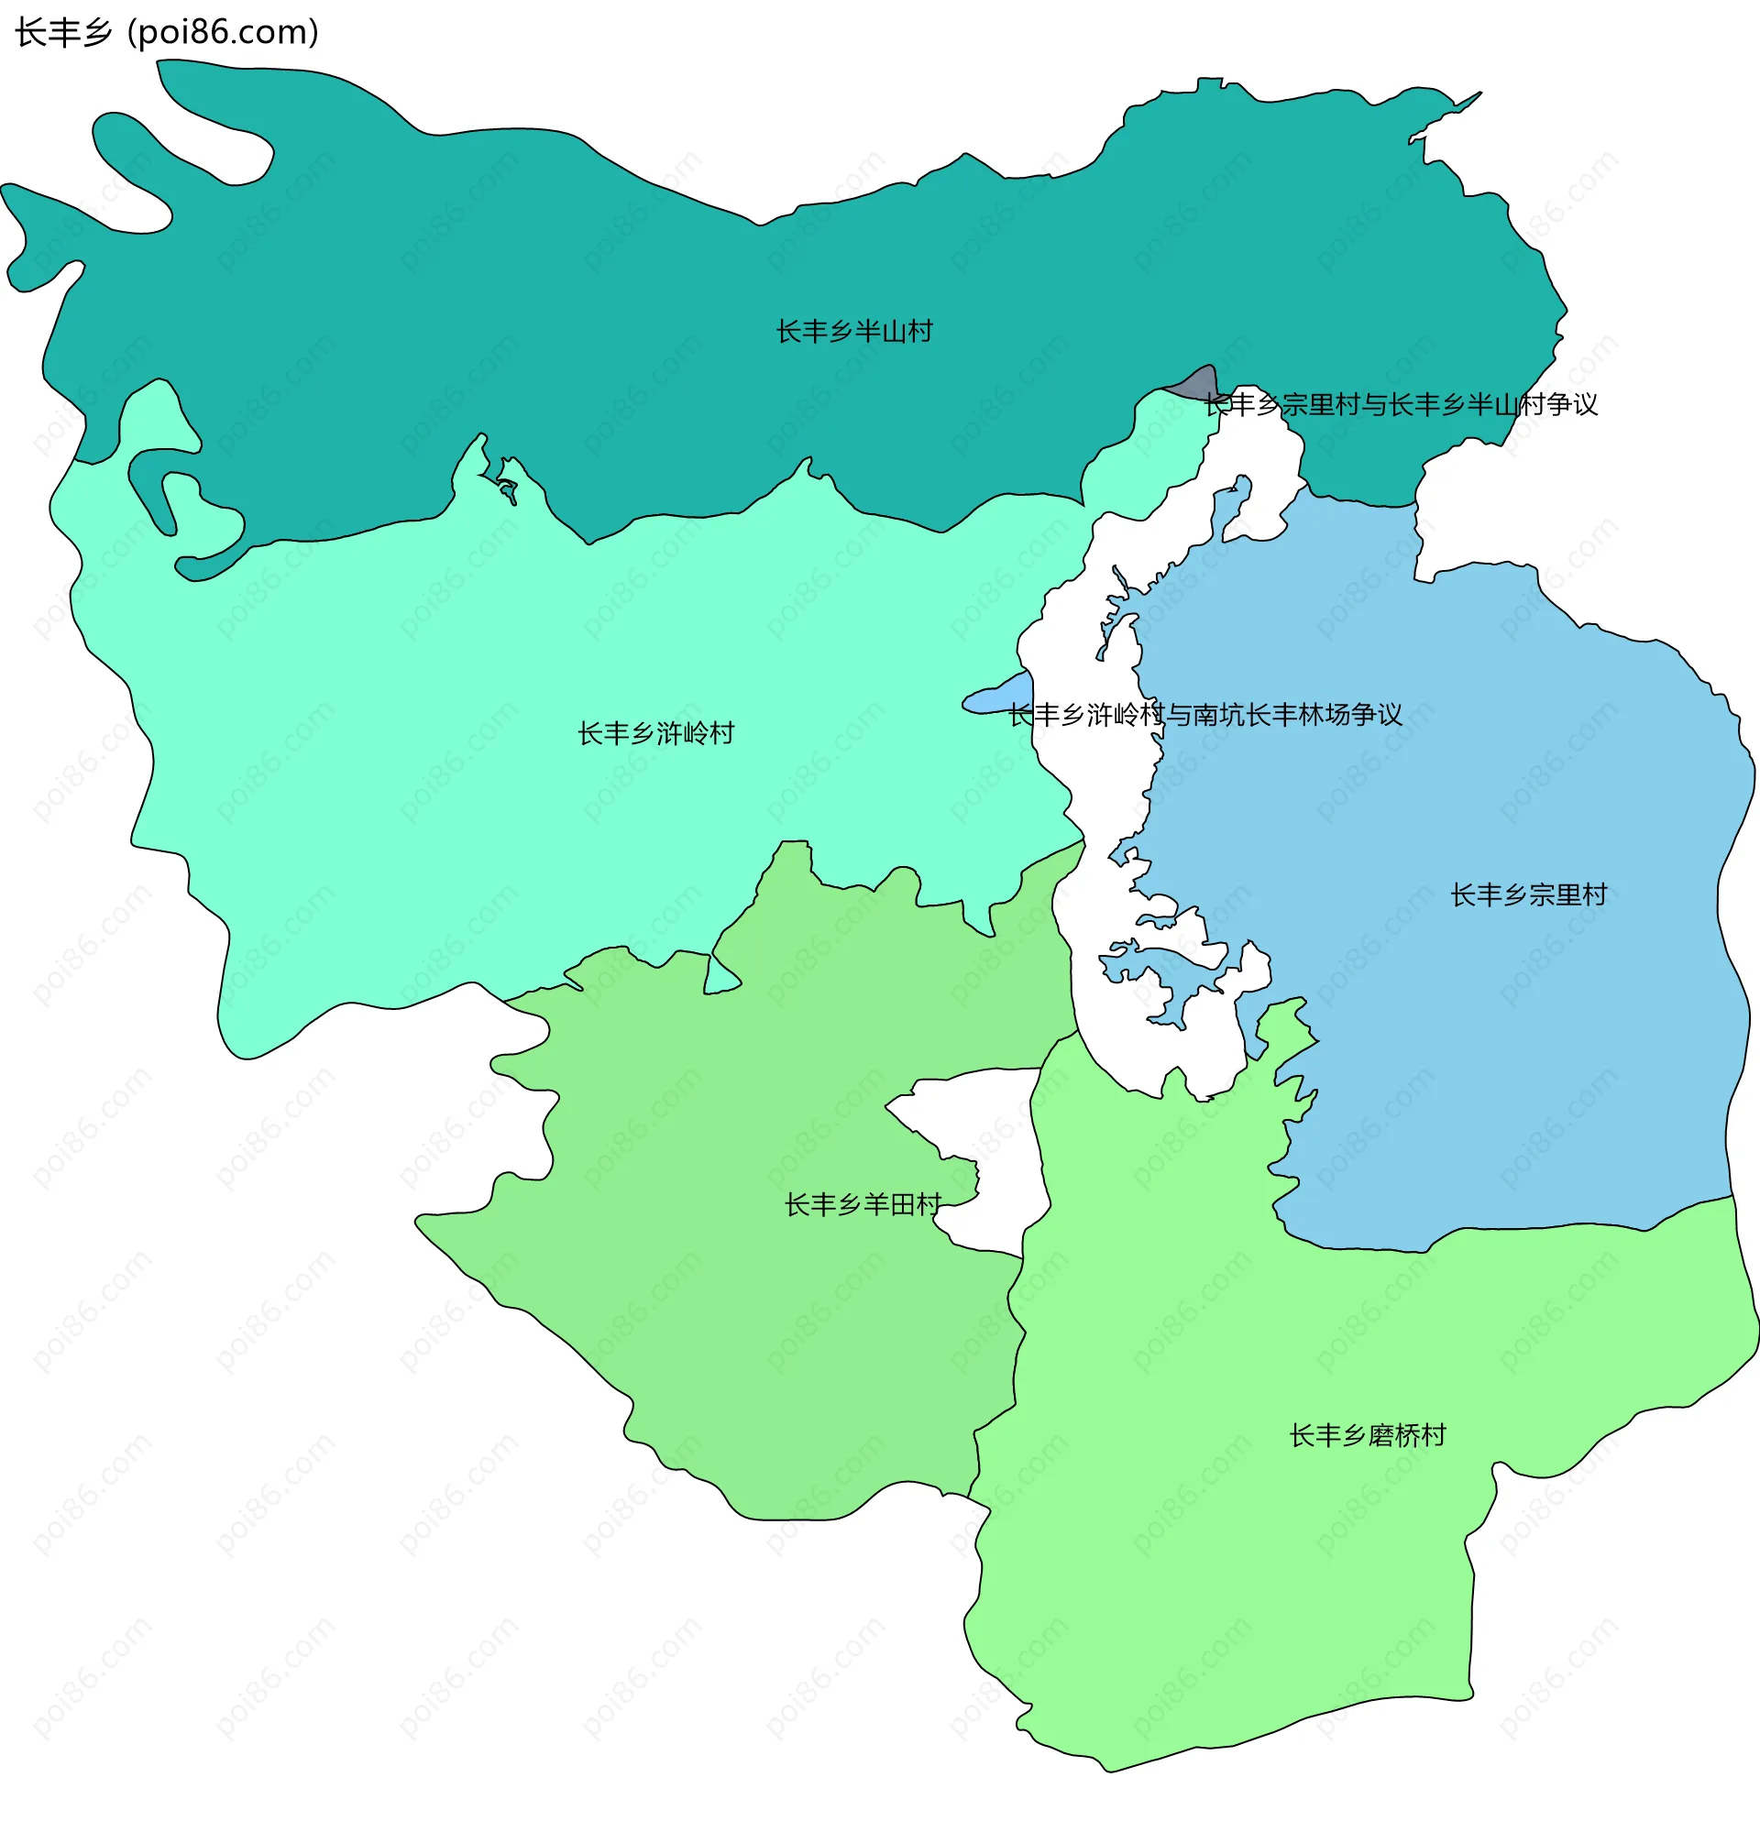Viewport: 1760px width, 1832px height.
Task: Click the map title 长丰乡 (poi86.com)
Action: (166, 33)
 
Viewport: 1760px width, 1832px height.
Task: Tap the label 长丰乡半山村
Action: (853, 332)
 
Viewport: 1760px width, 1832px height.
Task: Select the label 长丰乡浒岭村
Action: (655, 734)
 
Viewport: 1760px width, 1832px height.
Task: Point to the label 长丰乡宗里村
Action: (1528, 895)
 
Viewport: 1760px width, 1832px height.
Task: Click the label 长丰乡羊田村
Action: (862, 1205)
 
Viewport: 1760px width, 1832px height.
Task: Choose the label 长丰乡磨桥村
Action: (1368, 1436)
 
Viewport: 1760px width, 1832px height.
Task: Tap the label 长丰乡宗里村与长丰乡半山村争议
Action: (1400, 405)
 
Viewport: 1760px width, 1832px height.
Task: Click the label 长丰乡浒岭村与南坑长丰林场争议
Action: (1204, 715)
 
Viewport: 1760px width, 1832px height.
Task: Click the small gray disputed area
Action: (1197, 382)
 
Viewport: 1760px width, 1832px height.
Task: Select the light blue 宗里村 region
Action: (1495, 1028)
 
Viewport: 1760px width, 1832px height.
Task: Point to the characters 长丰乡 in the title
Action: (63, 33)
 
